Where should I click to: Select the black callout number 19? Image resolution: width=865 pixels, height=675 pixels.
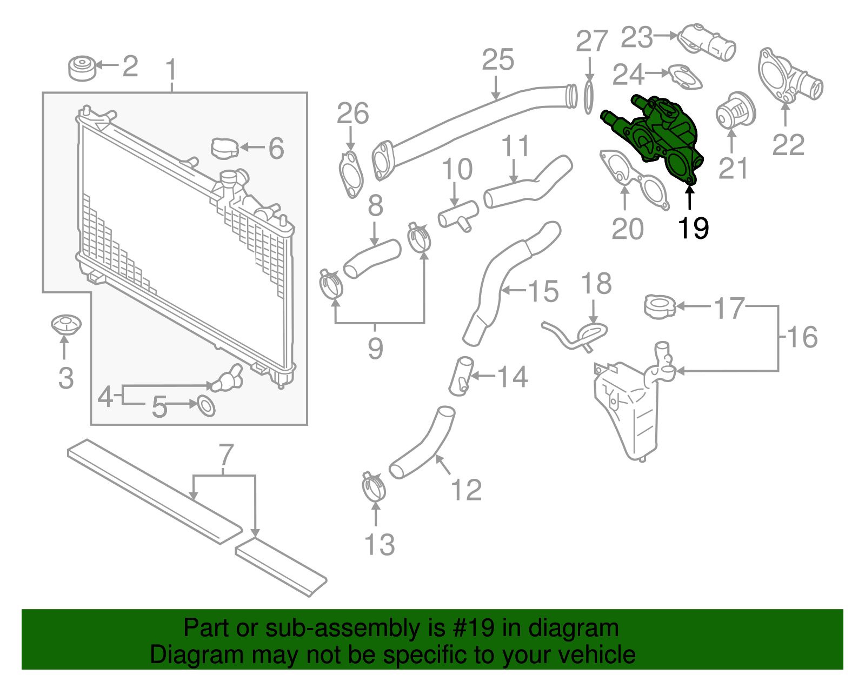click(693, 229)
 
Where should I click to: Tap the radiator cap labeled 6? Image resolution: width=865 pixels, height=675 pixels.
click(224, 148)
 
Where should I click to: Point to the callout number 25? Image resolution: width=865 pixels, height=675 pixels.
click(497, 60)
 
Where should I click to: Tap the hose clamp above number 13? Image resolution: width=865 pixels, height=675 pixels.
click(374, 487)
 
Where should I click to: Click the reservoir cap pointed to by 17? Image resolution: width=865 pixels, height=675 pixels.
click(660, 306)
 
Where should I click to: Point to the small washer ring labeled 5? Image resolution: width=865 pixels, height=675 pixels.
click(206, 406)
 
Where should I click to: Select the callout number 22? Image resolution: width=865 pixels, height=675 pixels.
click(788, 145)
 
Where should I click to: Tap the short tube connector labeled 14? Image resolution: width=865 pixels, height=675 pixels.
click(461, 376)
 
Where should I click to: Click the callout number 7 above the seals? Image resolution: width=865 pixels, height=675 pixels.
click(226, 456)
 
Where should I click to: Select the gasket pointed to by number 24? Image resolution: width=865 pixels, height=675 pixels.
click(686, 76)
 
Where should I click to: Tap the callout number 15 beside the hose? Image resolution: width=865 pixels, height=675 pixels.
click(543, 292)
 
